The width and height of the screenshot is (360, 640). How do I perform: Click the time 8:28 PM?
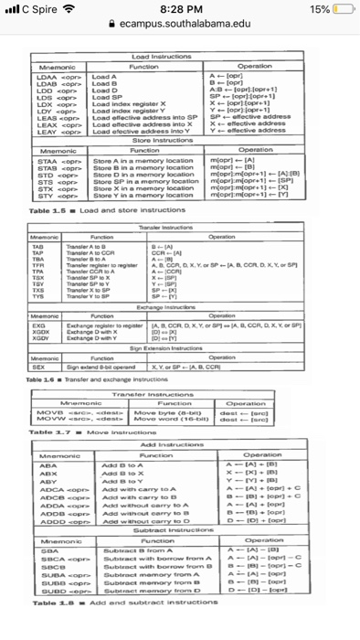(x=179, y=10)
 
